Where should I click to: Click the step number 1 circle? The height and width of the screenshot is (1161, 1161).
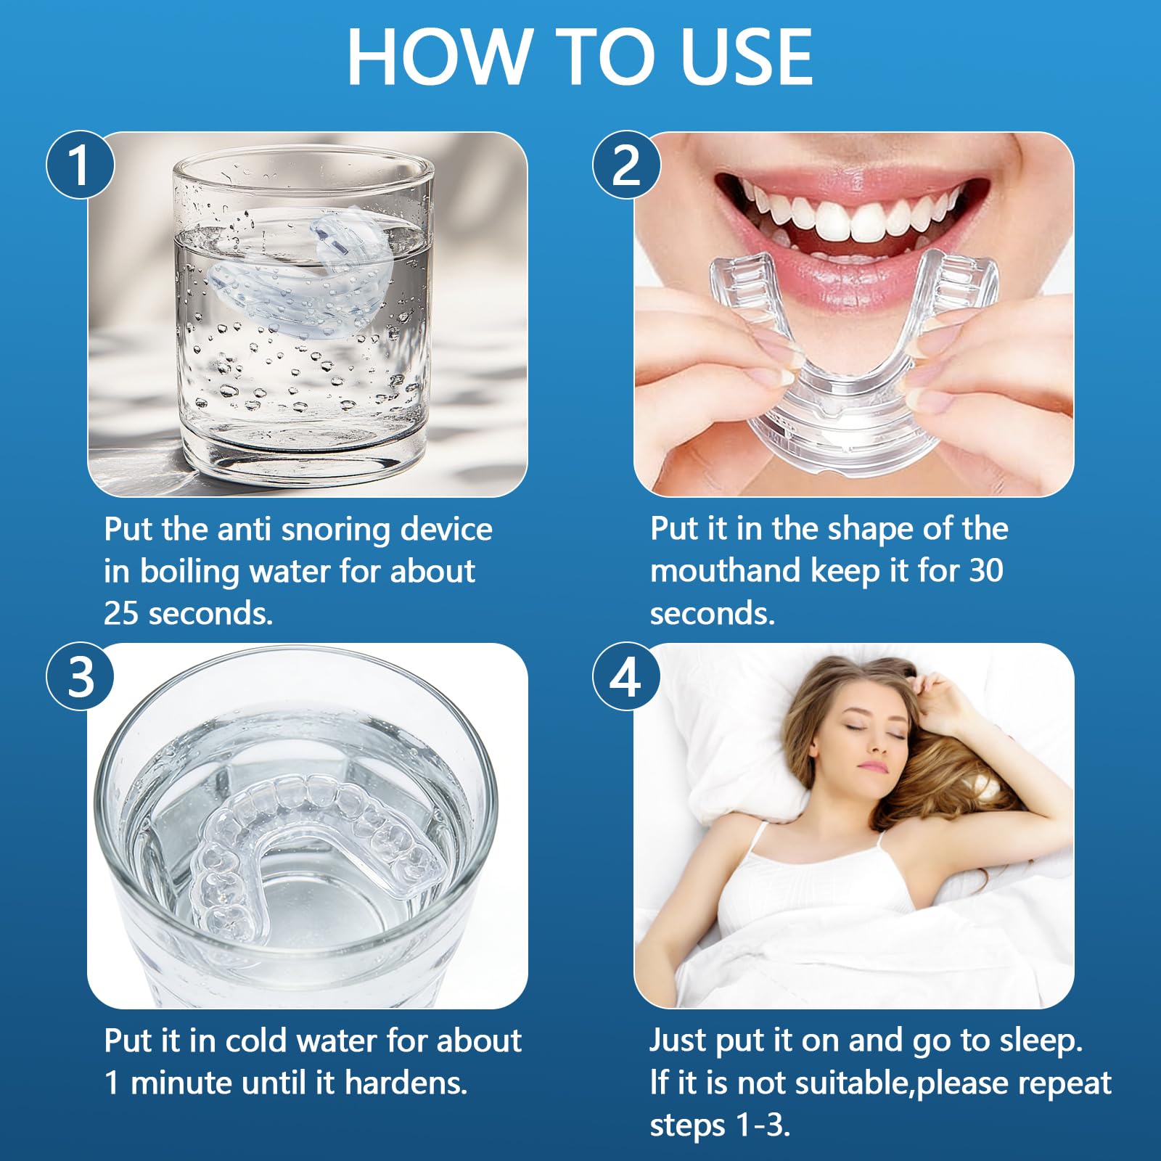80,165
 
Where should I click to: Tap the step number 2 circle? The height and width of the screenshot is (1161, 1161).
626,165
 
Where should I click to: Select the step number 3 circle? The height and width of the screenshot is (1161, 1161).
80,676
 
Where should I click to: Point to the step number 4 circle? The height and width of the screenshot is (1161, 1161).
626,676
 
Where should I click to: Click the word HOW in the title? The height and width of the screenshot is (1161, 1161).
438,57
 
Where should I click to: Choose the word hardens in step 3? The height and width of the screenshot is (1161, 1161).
406,1083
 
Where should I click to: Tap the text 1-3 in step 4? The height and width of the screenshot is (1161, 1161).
763,1125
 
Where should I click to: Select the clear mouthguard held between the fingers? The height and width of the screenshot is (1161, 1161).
853,363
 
